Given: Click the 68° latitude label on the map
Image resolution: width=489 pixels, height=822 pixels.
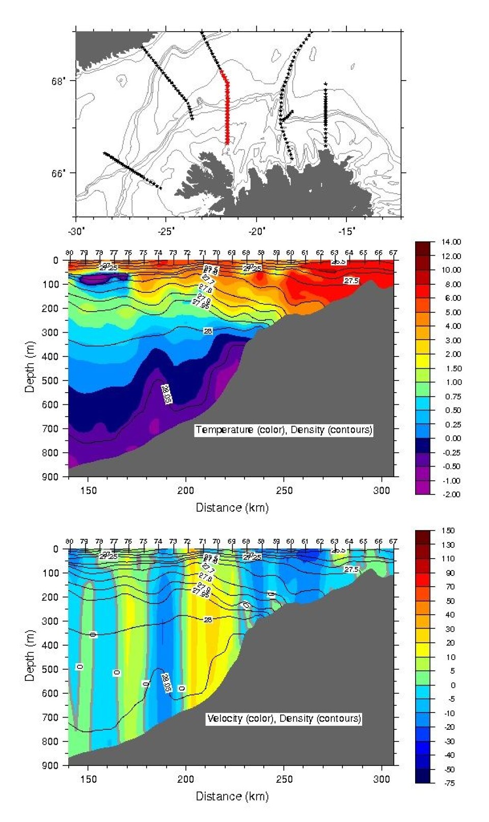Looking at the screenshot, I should coord(59,81).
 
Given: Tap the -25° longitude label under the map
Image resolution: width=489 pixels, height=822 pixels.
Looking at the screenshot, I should coord(166,231).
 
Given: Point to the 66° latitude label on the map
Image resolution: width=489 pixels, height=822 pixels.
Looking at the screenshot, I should coord(59,174).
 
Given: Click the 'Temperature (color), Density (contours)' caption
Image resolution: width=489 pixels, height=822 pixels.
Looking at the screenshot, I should coord(284,430).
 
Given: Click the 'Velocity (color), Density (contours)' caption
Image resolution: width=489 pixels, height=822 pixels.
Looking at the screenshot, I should coord(284,719).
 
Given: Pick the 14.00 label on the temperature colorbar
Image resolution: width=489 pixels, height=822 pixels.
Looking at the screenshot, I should coord(451,242).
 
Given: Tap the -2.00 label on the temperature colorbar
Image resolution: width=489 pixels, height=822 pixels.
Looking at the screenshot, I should coord(451,495).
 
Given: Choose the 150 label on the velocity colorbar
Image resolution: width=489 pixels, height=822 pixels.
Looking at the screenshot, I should coord(448,531).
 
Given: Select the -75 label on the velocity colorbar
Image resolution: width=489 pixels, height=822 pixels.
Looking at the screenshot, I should coord(448,783).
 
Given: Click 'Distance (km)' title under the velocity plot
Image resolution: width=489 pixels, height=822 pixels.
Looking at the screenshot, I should coord(232,796).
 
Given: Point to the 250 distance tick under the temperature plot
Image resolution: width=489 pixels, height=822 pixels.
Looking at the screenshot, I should coord(284,490).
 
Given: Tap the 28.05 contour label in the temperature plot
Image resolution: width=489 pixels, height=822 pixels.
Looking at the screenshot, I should coord(166,394).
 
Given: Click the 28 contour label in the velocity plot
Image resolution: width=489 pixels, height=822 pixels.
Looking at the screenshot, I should coord(208,620).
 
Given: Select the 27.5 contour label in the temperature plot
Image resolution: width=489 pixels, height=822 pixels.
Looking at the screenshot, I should coord(351,281).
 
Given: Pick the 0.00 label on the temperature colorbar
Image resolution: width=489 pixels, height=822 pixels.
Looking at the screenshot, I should coord(451,439).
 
